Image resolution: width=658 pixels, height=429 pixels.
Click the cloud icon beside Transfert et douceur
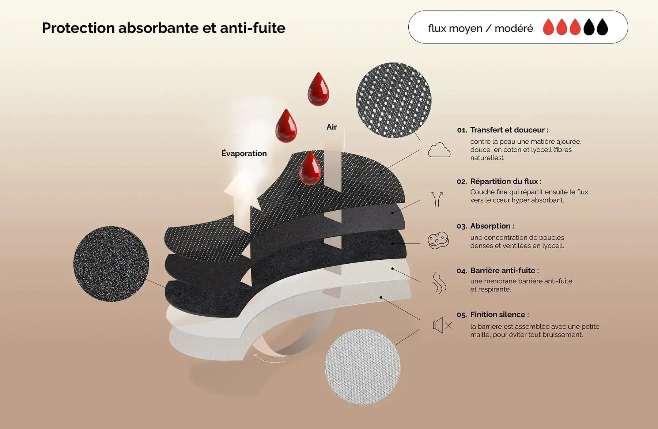(x=439, y=150)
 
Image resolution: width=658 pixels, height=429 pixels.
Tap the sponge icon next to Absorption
(x=438, y=240)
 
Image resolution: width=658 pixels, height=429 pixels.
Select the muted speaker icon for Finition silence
(x=442, y=325)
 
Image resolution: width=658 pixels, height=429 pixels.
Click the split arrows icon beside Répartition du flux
(x=437, y=199)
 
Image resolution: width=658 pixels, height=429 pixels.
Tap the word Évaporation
(x=244, y=153)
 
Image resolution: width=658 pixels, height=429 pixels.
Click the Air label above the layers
(x=332, y=127)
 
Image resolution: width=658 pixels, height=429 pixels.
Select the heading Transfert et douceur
(x=509, y=130)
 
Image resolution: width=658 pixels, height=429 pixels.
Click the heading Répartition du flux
(x=506, y=181)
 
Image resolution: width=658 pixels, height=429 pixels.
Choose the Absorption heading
(x=492, y=226)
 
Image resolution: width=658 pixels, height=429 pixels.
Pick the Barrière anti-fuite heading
(x=504, y=270)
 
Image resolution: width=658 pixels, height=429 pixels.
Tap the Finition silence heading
(x=499, y=314)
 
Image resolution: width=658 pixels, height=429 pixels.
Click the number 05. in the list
(x=462, y=315)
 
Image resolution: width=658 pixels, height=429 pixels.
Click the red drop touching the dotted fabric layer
(x=310, y=168)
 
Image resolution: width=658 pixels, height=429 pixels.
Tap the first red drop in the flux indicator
(x=548, y=27)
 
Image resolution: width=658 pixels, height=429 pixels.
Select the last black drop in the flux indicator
(x=602, y=27)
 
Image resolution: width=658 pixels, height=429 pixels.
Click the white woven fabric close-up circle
(x=363, y=366)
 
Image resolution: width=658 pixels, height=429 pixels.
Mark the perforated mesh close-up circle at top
(x=394, y=100)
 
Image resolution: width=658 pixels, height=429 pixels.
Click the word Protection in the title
(x=78, y=28)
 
